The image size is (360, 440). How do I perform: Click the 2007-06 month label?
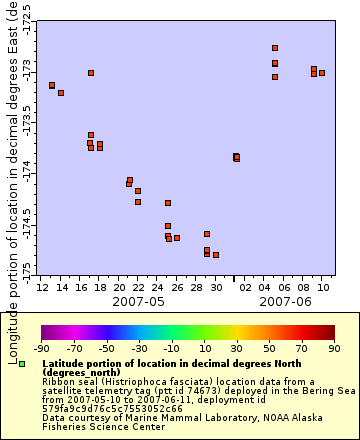coord(285,300)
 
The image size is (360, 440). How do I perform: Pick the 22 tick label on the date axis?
coord(138,286)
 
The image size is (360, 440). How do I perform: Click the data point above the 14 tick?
coord(61,93)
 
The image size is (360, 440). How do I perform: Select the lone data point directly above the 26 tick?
coord(177,238)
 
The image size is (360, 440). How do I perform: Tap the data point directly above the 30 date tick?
coord(216,255)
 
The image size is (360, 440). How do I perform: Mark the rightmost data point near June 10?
coord(322,73)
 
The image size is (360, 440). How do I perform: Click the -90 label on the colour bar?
coord(41,349)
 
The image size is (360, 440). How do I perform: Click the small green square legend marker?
coord(21,364)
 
